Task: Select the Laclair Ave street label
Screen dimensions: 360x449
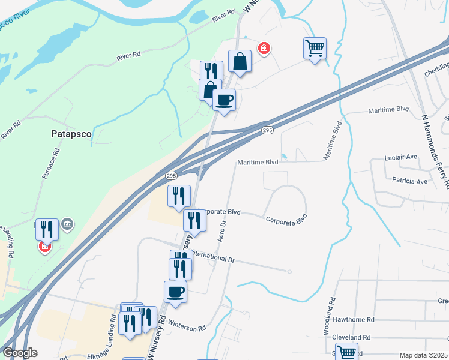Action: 400,157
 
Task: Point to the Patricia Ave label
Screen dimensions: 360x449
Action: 409,181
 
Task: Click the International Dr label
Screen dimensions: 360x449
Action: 213,257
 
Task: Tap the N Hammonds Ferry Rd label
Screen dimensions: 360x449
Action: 435,150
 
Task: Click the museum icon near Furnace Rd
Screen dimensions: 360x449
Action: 67,225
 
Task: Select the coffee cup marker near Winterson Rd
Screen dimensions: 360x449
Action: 175,292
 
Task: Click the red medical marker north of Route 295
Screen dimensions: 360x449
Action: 263,48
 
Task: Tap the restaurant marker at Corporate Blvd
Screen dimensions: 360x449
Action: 194,220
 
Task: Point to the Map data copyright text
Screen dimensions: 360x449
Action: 423,355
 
